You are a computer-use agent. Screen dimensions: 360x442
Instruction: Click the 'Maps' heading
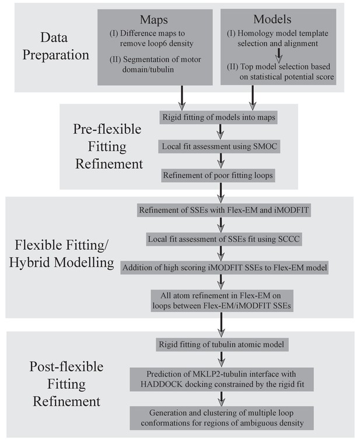click(x=154, y=20)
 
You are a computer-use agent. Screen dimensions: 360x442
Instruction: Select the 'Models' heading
click(x=272, y=19)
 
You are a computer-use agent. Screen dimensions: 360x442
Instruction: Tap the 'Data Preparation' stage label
click(x=55, y=46)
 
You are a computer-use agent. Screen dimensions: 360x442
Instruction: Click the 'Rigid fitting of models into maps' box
click(x=219, y=117)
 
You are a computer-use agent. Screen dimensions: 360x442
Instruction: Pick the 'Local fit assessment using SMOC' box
click(x=219, y=147)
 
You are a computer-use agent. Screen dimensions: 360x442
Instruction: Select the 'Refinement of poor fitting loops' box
click(x=218, y=175)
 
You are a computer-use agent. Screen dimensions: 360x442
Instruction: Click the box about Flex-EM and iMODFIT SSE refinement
click(x=224, y=210)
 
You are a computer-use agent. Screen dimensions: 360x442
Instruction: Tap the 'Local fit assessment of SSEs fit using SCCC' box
click(x=224, y=239)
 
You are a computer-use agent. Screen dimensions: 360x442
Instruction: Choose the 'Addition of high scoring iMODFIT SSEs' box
click(x=225, y=268)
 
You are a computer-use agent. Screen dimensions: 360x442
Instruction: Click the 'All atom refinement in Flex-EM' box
click(x=222, y=301)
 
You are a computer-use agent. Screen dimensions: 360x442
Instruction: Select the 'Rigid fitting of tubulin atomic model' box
click(x=221, y=344)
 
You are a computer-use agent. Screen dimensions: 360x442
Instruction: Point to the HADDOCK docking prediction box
click(x=222, y=379)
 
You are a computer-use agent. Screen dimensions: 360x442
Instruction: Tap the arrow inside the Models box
click(x=278, y=55)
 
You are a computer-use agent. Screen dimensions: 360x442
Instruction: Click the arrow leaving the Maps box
click(x=182, y=98)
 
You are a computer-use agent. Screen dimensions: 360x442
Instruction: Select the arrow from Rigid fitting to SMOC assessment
click(x=221, y=131)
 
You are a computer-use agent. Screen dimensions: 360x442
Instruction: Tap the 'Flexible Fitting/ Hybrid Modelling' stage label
click(x=61, y=253)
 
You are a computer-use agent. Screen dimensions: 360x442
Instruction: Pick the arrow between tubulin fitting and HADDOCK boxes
click(x=222, y=359)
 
